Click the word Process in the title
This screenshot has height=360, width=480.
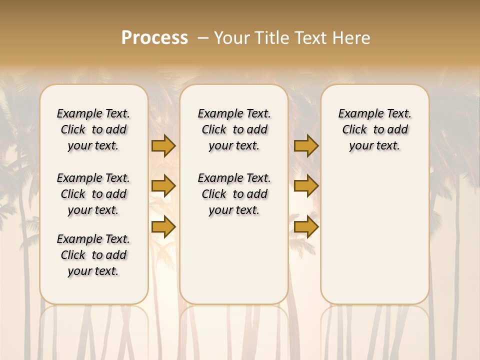(x=154, y=38)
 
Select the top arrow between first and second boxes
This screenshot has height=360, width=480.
(x=163, y=146)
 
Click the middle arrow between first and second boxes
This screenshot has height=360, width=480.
(x=163, y=186)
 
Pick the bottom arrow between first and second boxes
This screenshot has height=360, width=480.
(x=163, y=226)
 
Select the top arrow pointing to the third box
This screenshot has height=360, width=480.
(x=306, y=146)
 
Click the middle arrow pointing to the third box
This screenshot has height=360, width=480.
(x=306, y=186)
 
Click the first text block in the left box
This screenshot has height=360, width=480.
(x=93, y=129)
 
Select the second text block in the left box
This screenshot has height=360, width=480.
(x=93, y=194)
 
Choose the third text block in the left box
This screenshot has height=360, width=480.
(x=93, y=255)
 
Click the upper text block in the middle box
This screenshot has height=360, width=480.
(x=234, y=129)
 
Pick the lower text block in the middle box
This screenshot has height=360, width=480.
(x=234, y=194)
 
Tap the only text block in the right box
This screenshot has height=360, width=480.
(x=375, y=129)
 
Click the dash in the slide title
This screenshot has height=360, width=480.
(x=202, y=38)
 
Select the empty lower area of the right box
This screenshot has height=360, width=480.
(x=375, y=235)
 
